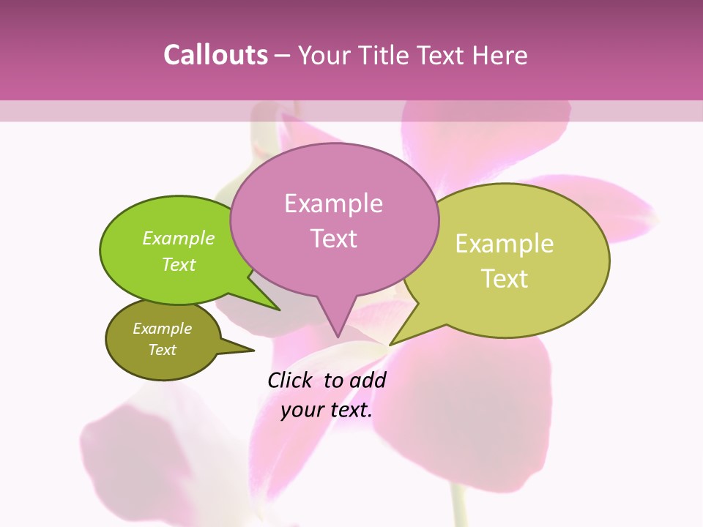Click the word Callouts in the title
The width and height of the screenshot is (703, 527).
tap(215, 55)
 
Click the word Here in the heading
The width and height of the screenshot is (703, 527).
tap(499, 55)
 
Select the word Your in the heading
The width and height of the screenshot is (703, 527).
tap(323, 55)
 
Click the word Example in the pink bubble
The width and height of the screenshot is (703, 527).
tap(333, 203)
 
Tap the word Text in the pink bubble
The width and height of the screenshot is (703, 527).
tap(333, 239)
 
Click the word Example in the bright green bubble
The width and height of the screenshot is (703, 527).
tap(179, 239)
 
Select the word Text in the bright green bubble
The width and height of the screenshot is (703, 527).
tap(179, 264)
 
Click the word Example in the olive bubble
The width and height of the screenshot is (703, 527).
tap(163, 329)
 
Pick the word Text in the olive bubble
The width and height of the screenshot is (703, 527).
tap(163, 350)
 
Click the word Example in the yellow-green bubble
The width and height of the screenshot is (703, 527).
tap(505, 244)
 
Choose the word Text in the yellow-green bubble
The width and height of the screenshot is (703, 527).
tap(505, 279)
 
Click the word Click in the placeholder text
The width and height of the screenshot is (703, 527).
tap(291, 381)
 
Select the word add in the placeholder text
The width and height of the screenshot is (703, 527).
tap(368, 381)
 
